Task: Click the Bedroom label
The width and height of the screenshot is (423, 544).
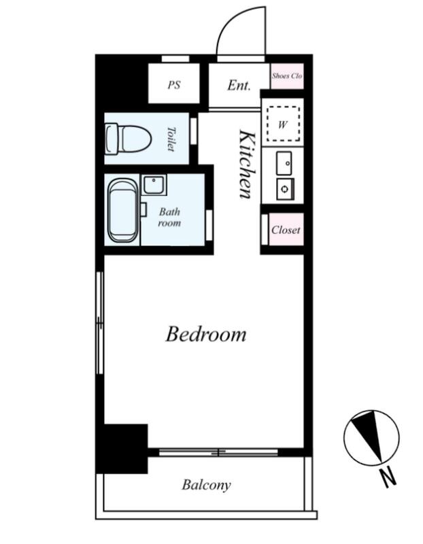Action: point(206,335)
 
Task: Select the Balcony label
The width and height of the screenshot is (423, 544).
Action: point(206,485)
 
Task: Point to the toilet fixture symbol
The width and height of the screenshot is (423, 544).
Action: point(129,139)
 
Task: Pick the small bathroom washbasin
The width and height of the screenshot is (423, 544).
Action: point(154,184)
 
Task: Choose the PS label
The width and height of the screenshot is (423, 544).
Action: point(174,85)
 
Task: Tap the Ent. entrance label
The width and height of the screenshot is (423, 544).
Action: point(239,86)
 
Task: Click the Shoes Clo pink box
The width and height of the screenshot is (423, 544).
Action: point(287,76)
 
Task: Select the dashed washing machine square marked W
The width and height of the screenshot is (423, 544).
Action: point(283,124)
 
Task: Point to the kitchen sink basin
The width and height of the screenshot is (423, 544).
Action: point(284,163)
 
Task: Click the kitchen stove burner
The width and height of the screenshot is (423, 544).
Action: point(285,189)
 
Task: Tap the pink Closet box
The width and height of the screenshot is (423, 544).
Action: point(286,230)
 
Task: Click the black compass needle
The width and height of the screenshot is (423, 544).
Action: point(369,435)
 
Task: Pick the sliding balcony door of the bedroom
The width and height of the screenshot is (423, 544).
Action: point(218,452)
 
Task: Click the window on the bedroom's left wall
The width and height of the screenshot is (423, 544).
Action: point(99,322)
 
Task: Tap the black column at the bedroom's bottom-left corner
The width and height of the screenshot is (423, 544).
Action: point(122,448)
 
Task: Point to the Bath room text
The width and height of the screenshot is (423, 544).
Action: point(169,217)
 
